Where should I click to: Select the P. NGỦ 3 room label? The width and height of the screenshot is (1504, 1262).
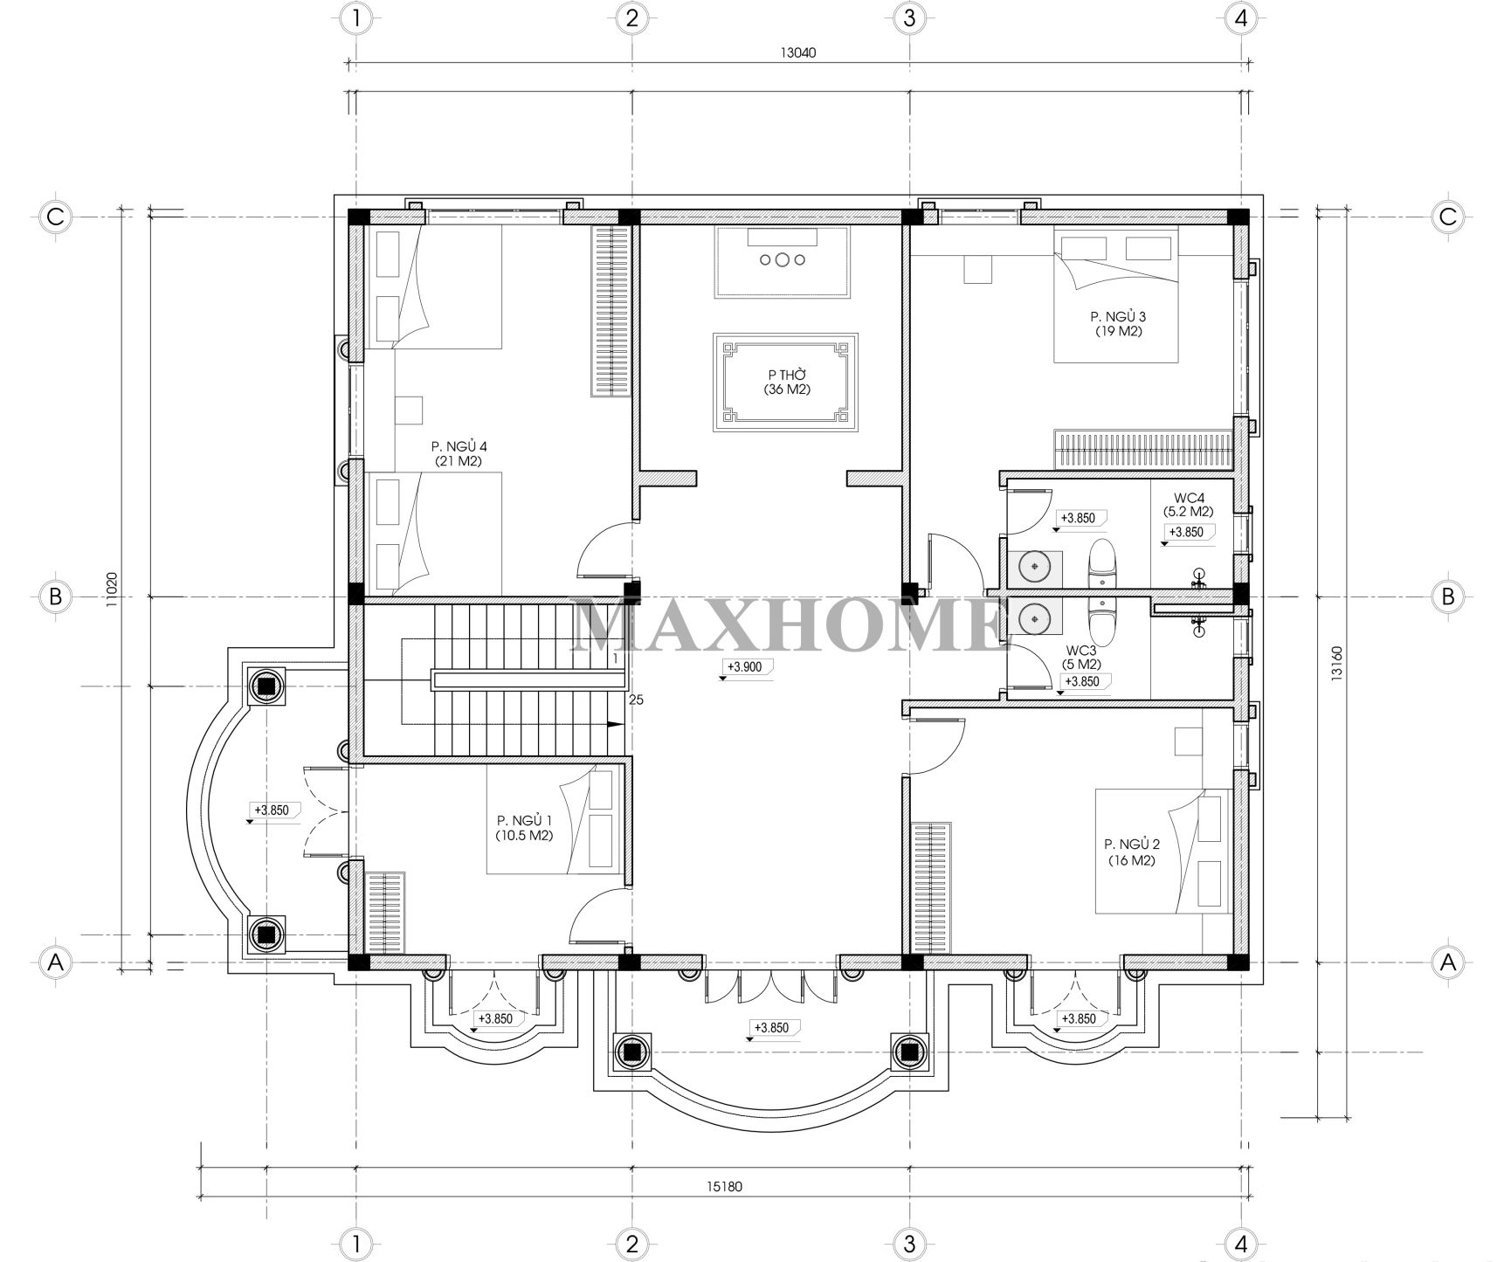coord(1118,324)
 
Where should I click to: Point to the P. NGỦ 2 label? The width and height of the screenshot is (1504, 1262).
coord(1131,852)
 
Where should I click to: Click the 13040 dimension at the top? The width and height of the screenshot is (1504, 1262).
coord(797,52)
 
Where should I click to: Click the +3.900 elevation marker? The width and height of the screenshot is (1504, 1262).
coord(743,667)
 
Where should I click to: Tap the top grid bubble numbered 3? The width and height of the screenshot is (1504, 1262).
coord(909,17)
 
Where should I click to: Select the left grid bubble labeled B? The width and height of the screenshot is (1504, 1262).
coord(55,597)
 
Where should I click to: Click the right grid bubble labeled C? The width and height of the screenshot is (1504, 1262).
coord(1447,216)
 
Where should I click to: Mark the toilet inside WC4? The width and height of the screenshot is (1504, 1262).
coord(1103,563)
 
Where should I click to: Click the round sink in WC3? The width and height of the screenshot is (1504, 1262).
coord(1036,618)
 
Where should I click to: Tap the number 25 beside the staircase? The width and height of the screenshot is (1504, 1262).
coord(636,699)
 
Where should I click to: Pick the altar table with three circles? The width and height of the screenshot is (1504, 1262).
coord(782,259)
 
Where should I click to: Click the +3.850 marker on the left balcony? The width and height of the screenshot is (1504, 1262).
coord(271,810)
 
